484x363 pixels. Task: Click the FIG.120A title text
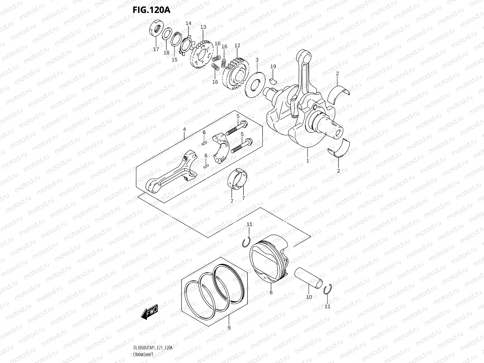click(x=152, y=10)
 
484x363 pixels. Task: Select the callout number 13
click(x=203, y=27)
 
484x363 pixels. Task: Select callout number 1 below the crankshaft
click(x=308, y=161)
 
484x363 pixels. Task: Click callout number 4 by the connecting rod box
click(x=184, y=129)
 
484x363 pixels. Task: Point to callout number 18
click(x=166, y=52)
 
